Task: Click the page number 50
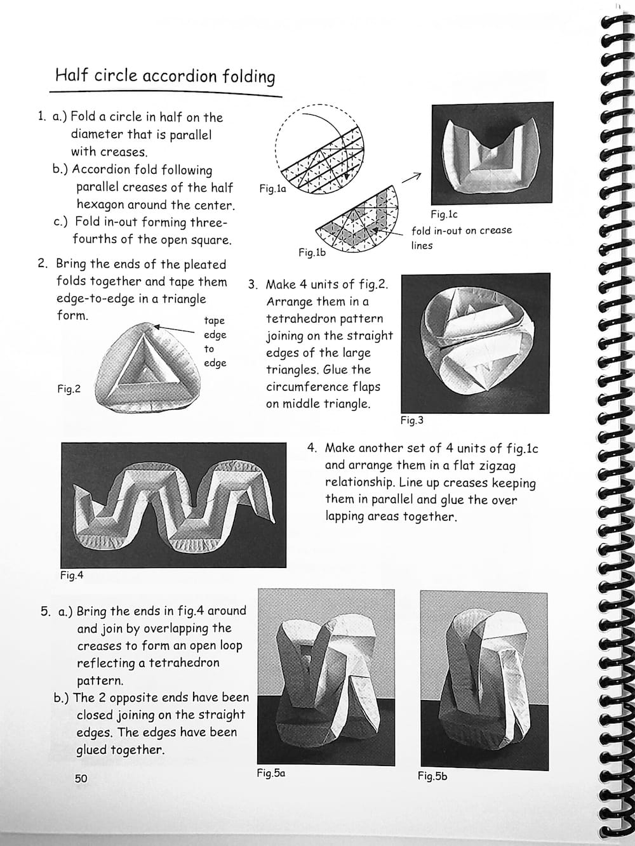tap(81, 778)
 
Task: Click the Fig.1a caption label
tap(273, 188)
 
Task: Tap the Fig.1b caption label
tap(312, 253)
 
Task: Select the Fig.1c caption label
tap(444, 215)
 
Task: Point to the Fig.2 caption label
tap(69, 389)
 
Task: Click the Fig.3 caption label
tap(411, 420)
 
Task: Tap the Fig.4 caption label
tap(72, 576)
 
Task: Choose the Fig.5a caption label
tap(271, 773)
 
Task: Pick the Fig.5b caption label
tap(432, 776)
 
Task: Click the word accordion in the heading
tap(180, 76)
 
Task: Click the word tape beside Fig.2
tap(214, 321)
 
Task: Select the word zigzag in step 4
tap(494, 465)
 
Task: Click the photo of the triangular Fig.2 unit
tap(150, 366)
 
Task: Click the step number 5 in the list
tap(45, 612)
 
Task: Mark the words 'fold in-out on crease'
tap(461, 230)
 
